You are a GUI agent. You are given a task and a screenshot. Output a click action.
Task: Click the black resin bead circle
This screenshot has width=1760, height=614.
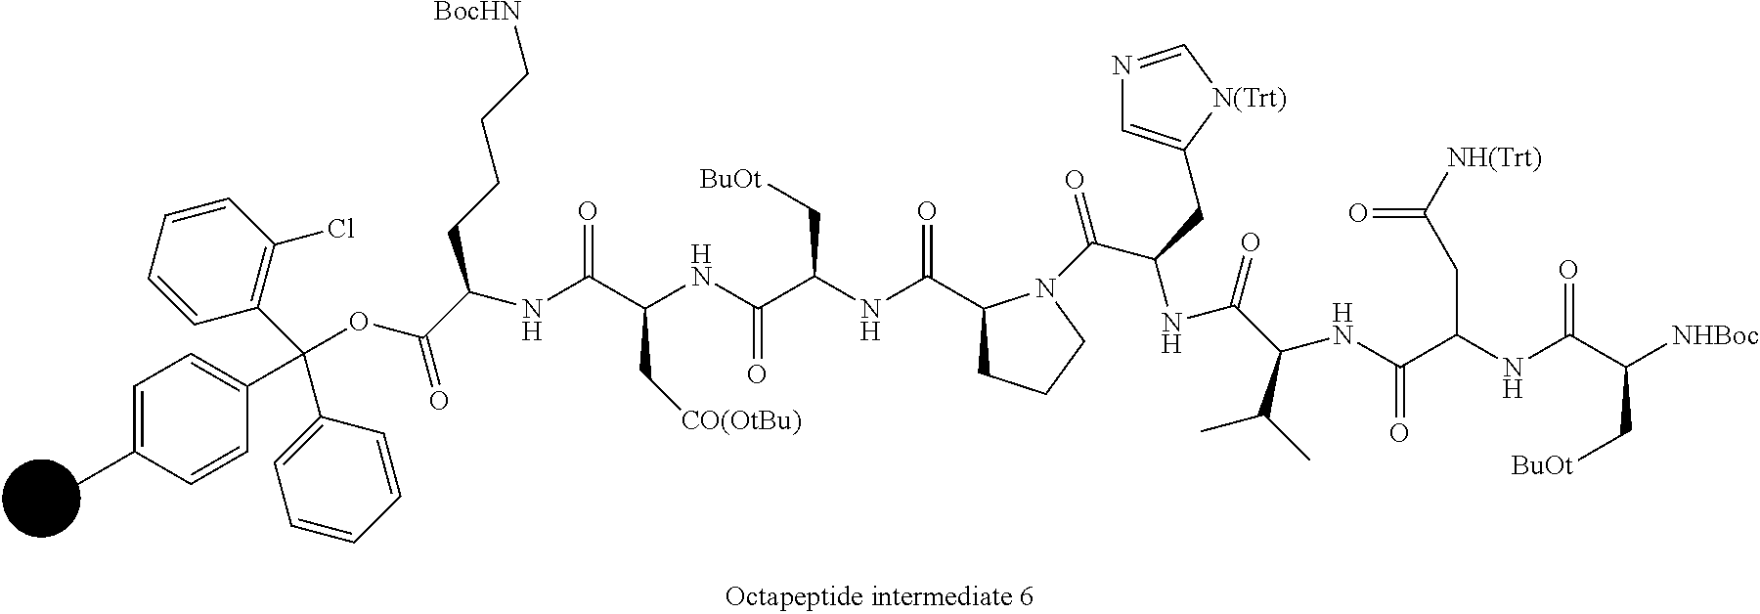[x=41, y=498]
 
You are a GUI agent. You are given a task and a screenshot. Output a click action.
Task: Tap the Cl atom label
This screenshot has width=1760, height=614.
[x=340, y=231]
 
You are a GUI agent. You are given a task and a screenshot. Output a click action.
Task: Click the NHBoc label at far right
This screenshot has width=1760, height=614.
[x=1715, y=337]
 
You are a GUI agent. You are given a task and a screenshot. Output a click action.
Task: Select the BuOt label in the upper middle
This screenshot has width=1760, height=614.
[x=729, y=178]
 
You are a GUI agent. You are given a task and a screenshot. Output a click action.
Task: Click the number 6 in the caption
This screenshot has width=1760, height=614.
[x=1027, y=595]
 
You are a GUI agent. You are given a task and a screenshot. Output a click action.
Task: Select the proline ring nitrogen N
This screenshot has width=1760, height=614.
[x=1047, y=289]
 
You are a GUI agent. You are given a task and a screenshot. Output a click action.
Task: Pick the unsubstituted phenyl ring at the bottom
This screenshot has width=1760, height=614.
[x=337, y=481]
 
